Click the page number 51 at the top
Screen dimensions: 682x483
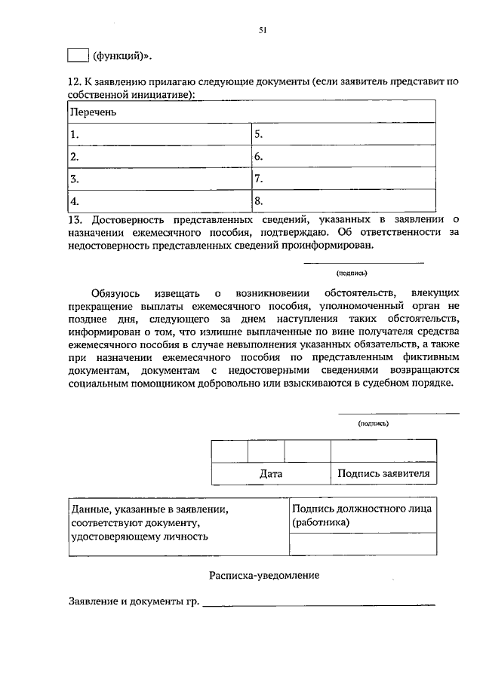pos(263,31)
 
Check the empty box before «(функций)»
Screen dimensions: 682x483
pos(78,56)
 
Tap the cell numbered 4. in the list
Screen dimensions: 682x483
pos(158,201)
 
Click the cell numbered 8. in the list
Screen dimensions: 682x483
pos(343,201)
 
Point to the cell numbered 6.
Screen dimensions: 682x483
pos(343,157)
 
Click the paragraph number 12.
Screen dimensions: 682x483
pos(74,81)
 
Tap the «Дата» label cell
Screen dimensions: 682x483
pos(270,474)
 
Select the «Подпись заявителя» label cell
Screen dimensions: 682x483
pos(383,474)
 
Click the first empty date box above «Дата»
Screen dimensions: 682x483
pos(229,451)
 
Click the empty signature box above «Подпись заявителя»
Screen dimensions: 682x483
pos(383,451)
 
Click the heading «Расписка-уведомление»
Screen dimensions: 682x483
pos(263,576)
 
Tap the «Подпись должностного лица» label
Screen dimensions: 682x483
pos(361,509)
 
